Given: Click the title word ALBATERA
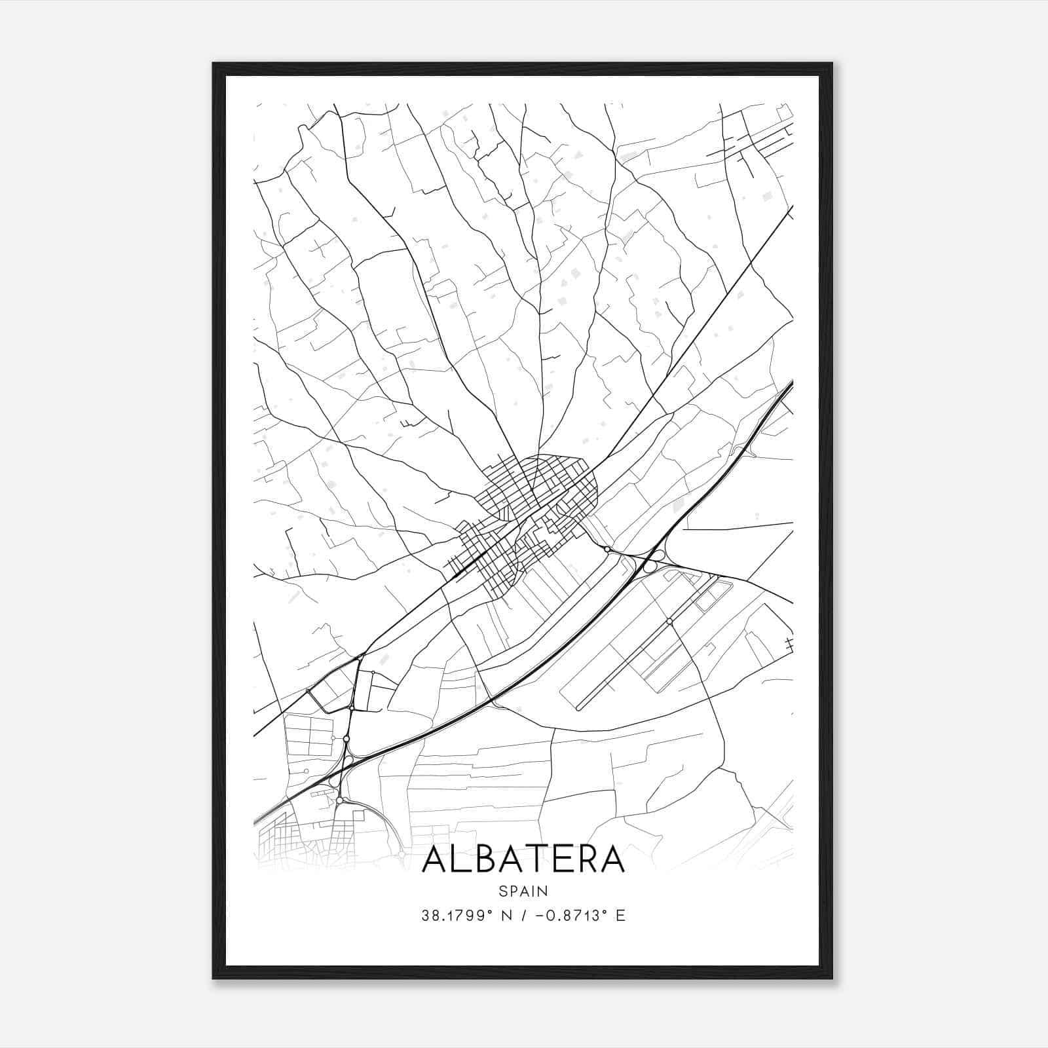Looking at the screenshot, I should [x=523, y=859].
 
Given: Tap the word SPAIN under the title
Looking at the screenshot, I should [x=523, y=891].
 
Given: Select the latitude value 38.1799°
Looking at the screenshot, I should [x=457, y=915].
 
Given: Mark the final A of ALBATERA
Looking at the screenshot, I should [x=613, y=859].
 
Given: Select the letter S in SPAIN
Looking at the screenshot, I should [x=502, y=891].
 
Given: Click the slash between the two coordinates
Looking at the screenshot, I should [x=519, y=915].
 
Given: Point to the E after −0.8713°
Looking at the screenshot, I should [x=620, y=915].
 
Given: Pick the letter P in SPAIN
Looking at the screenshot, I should [x=512, y=891].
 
